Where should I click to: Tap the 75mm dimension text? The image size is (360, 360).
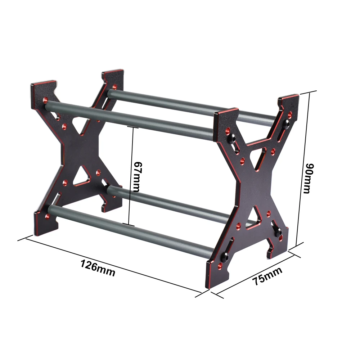point(267,276)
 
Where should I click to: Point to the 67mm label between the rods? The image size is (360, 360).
point(137,176)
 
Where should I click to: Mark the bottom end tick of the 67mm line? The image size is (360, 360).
point(129,224)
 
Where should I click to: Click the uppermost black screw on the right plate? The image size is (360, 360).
point(286,124)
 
